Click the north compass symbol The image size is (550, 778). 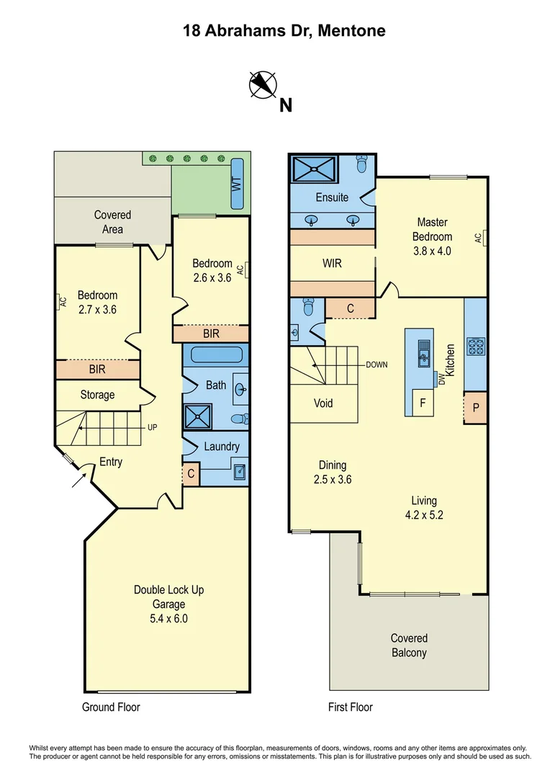click(263, 84)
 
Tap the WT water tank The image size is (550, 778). click(237, 183)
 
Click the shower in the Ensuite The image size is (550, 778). click(314, 171)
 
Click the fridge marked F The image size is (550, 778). click(423, 403)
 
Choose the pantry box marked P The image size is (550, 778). click(475, 408)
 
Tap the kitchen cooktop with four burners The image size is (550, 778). click(475, 347)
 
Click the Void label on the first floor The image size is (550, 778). click(323, 403)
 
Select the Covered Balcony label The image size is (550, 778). click(409, 645)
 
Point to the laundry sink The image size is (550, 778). click(239, 472)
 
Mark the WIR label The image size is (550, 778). click(332, 264)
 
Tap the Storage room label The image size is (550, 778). click(97, 395)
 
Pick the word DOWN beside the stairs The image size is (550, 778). click(377, 365)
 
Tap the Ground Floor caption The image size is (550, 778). click(111, 707)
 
